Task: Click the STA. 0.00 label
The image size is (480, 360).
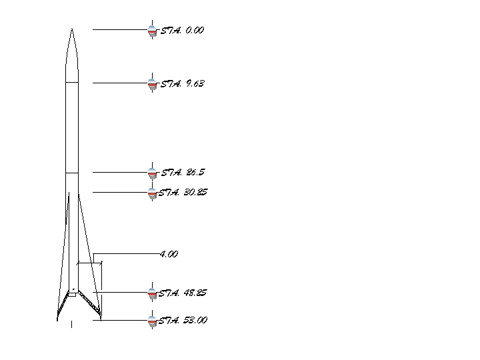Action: click(182, 30)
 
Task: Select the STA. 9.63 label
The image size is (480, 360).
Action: click(183, 83)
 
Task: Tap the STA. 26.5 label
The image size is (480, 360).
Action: click(183, 173)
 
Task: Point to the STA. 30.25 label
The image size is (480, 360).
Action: click(183, 192)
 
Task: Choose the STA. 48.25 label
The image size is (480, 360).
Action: click(183, 293)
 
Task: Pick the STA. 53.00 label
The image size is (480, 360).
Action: click(183, 320)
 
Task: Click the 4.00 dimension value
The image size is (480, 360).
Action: click(169, 254)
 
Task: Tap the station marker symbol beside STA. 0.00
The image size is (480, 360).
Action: click(152, 30)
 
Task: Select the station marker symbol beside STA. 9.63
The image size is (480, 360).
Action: click(152, 83)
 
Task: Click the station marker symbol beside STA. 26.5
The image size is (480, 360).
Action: click(152, 173)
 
